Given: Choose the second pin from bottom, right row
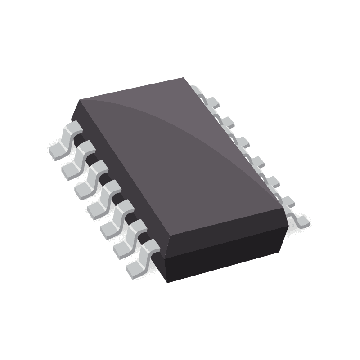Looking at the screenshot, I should [286, 200].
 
